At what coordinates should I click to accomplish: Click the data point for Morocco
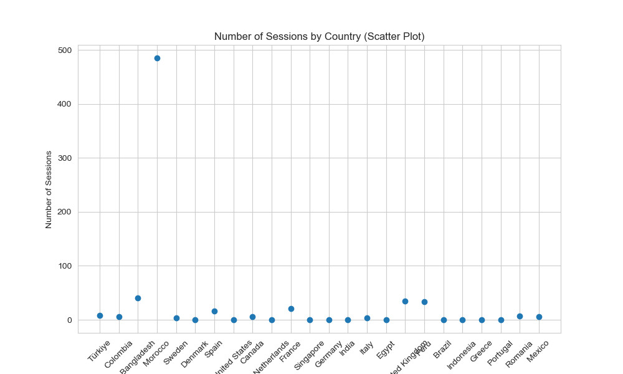pyautogui.click(x=157, y=58)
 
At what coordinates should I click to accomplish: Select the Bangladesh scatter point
pyautogui.click(x=138, y=298)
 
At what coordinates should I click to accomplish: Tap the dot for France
pyautogui.click(x=291, y=309)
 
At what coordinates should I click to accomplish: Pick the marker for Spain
pyautogui.click(x=214, y=311)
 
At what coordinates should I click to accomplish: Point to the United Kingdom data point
pyautogui.click(x=405, y=301)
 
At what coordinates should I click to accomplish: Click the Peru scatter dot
pyautogui.click(x=424, y=302)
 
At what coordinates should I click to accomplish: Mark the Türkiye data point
pyautogui.click(x=100, y=315)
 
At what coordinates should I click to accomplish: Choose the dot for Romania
pyautogui.click(x=520, y=316)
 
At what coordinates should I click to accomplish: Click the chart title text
pyautogui.click(x=319, y=37)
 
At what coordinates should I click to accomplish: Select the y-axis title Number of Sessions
pyautogui.click(x=49, y=189)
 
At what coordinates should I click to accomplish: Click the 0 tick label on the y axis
pyautogui.click(x=70, y=320)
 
